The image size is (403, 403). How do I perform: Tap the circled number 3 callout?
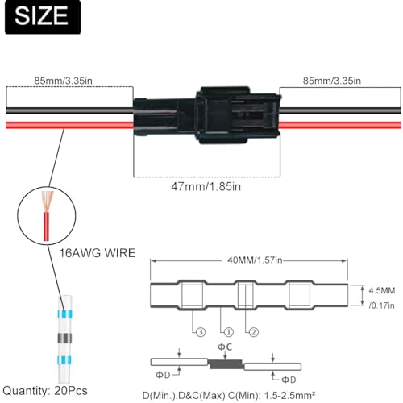click(x=197, y=330)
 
